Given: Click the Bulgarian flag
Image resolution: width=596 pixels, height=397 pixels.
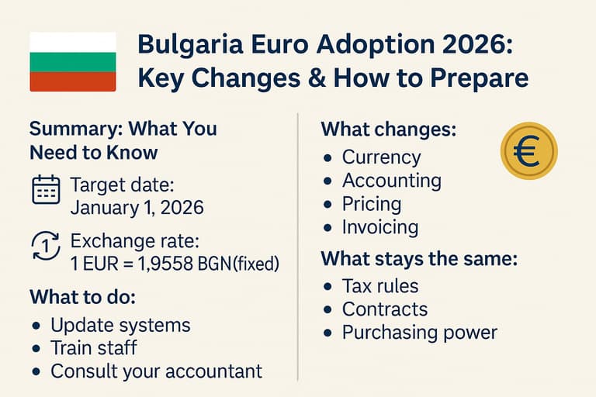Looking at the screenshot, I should [x=72, y=62].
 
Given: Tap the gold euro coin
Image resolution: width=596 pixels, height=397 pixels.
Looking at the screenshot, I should [x=529, y=151].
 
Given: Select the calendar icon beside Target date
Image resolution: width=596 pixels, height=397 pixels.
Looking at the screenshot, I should [x=46, y=190].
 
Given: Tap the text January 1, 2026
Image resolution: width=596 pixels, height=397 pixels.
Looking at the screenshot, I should [x=137, y=208].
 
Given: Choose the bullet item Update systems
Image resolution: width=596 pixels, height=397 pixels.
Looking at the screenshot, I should [x=120, y=324].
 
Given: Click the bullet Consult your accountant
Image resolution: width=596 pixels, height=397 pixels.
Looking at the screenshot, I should [x=156, y=371].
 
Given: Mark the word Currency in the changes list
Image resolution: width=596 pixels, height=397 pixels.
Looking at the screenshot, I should [x=381, y=157].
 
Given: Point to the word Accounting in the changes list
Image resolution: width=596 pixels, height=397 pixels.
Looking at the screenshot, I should [x=391, y=181].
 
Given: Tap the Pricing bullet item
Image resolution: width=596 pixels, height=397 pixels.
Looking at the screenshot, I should [x=372, y=204].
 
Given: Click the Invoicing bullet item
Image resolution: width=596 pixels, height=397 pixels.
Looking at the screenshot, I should [x=380, y=227].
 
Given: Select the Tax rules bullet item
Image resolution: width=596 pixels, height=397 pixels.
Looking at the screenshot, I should [x=380, y=286].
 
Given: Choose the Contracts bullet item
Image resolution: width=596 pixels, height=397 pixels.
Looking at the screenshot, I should [x=384, y=309].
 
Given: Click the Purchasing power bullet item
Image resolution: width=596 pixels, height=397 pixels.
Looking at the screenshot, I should [x=419, y=333].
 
